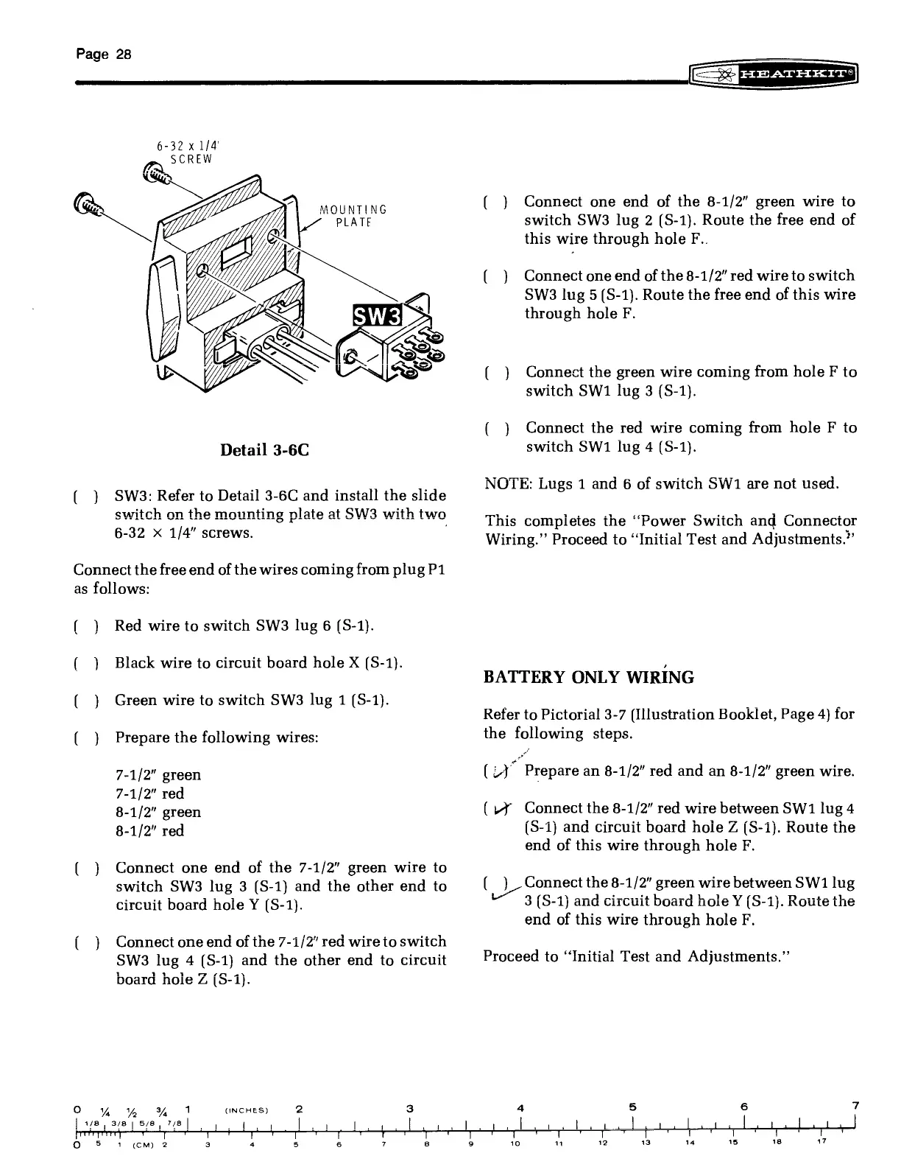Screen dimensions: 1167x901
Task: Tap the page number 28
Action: click(104, 54)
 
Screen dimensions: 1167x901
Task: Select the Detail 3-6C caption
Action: click(264, 449)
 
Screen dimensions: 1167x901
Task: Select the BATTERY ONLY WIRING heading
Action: click(588, 677)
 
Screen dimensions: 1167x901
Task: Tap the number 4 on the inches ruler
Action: click(521, 1107)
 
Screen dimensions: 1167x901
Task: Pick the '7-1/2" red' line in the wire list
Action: click(150, 793)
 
